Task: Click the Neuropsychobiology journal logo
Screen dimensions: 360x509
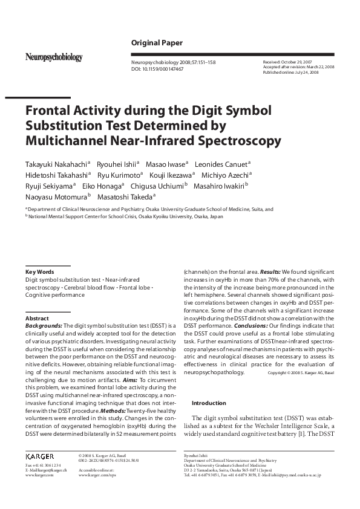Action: [54, 57]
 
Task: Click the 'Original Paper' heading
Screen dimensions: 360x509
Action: [157, 42]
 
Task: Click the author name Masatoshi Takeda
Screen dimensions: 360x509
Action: [127, 196]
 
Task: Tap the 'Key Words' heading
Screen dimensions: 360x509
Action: [39, 272]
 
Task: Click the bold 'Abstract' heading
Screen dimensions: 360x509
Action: [37, 318]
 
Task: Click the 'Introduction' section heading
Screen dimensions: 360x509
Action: [209, 403]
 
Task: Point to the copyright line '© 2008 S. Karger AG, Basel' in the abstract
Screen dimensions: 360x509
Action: [300, 374]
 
